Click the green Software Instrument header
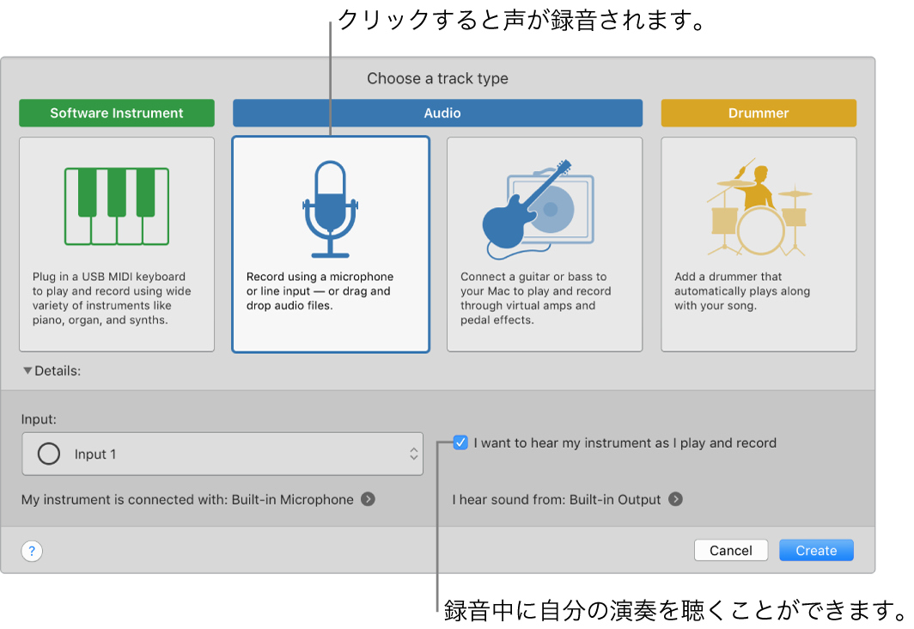117,113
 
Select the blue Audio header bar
437,113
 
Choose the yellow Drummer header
759,113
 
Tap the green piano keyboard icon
117,206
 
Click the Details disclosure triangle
27,371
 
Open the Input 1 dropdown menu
222,454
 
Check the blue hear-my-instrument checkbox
461,443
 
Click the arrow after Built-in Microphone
368,499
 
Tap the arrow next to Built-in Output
676,499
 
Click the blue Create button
816,551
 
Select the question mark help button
32,552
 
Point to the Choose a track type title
437,79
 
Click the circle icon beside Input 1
49,454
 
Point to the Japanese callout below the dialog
675,611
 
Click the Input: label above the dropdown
40,419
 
